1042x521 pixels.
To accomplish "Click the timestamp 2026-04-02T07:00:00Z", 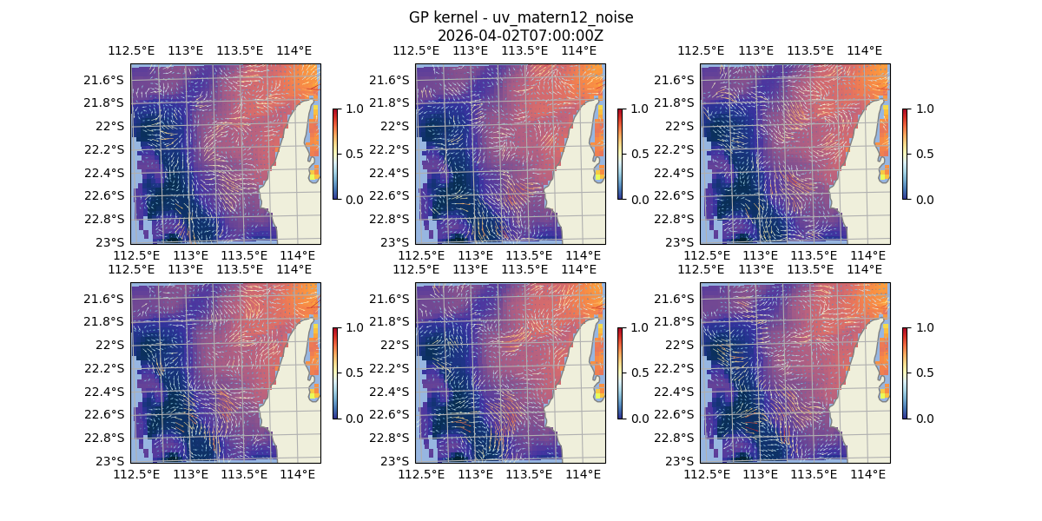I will click(521, 36).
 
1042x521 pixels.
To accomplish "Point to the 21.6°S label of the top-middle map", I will click(388, 80).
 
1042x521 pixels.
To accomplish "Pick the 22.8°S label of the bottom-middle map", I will click(388, 438).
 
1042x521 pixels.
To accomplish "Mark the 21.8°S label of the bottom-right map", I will click(673, 321).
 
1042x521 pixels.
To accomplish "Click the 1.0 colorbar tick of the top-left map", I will click(353, 109).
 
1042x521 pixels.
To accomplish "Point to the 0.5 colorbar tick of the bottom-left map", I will click(353, 373).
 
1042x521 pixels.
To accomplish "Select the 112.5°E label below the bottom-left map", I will click(137, 474).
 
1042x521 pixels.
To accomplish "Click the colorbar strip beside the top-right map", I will click(906, 155).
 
